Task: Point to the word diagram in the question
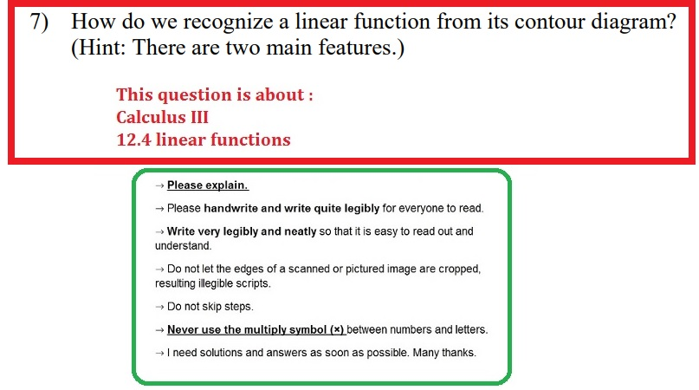(x=625, y=24)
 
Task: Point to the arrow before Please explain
(x=159, y=185)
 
